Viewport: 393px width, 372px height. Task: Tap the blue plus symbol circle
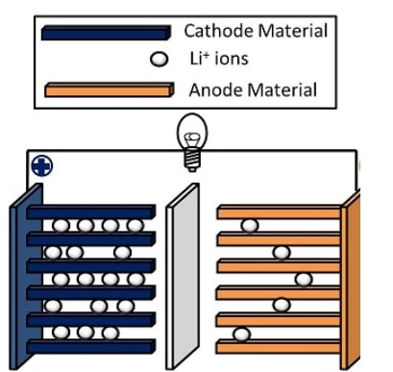(x=41, y=164)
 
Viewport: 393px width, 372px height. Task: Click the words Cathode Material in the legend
(x=256, y=31)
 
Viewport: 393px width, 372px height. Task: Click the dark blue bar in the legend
(x=106, y=32)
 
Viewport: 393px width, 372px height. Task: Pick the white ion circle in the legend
(x=160, y=60)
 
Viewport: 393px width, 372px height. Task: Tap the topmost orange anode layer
(x=279, y=211)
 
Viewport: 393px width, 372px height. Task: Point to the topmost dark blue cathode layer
(x=90, y=211)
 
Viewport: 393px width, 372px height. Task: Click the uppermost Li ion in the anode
(x=249, y=226)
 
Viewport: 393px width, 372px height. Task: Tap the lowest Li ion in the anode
(x=242, y=334)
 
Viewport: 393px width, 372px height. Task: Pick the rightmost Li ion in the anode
(x=304, y=280)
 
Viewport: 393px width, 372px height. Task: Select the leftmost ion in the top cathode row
(x=60, y=226)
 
